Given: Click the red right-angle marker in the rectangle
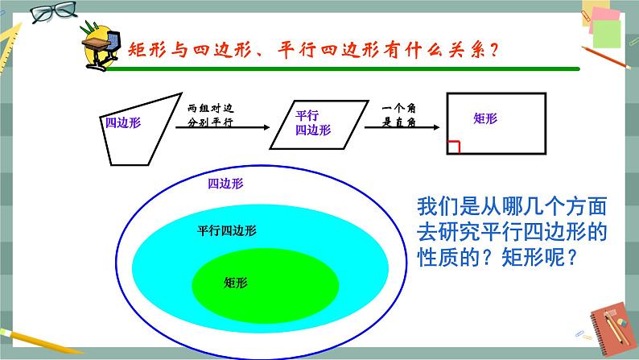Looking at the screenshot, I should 454,146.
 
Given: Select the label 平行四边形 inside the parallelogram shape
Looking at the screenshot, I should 312,122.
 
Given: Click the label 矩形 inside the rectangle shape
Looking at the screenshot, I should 485,118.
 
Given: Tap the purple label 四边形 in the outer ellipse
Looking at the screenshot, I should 225,184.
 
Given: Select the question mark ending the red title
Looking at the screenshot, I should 493,51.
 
